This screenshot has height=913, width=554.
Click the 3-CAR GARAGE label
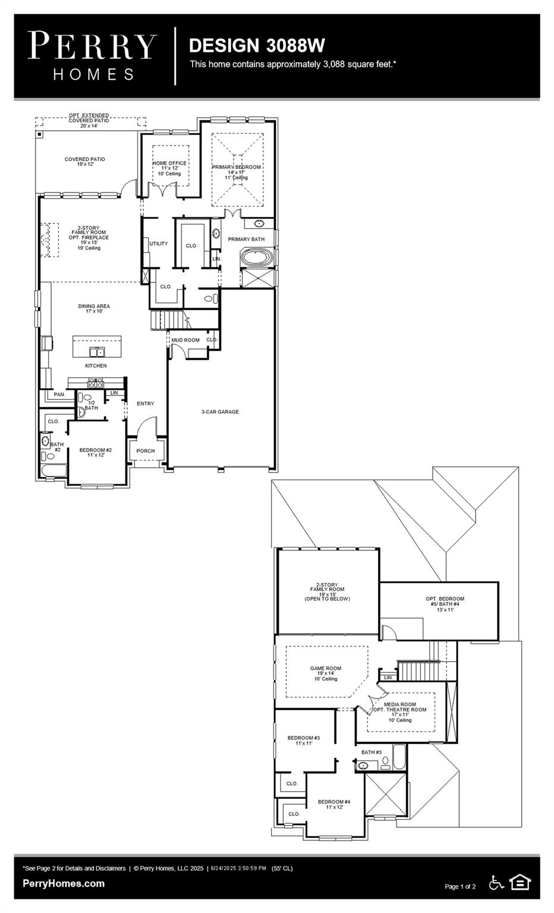coord(220,411)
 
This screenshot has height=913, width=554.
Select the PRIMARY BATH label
coord(246,239)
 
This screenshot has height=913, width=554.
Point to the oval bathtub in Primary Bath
coord(257,259)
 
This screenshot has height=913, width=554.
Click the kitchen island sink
coord(96,351)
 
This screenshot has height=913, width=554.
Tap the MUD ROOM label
coord(185,340)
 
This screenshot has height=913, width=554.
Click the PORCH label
coord(146,451)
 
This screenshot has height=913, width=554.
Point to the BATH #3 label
coord(372,752)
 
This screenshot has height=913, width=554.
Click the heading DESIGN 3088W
coord(257,45)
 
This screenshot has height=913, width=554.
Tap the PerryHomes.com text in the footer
coord(64,883)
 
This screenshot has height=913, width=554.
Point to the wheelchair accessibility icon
coord(496,883)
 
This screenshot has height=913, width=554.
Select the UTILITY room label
coord(159,244)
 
